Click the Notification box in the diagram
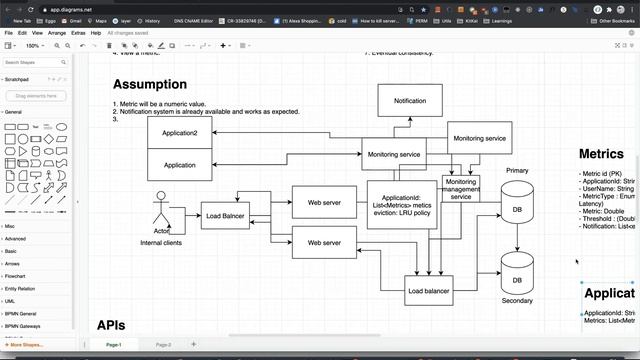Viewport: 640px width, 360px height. (x=410, y=101)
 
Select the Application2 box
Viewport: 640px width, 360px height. (x=180, y=133)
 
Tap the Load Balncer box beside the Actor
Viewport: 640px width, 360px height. (x=225, y=215)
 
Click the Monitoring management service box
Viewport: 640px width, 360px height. (x=461, y=190)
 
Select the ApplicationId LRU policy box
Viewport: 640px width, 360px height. (x=401, y=204)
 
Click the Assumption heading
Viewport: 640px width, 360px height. (x=150, y=85)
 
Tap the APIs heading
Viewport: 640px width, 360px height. (x=111, y=325)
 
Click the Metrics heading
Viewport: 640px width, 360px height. (x=601, y=154)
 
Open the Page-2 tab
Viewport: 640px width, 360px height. (x=163, y=344)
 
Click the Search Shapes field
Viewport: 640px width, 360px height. (x=38, y=62)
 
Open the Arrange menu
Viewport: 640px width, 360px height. (x=57, y=33)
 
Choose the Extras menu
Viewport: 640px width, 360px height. (x=78, y=33)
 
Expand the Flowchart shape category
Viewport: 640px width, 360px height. (x=16, y=274)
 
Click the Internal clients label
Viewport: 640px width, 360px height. (x=161, y=243)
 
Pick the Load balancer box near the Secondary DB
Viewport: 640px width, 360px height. (x=429, y=291)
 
